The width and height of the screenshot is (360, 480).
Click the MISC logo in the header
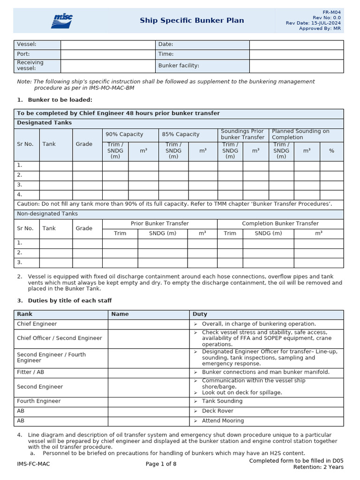pyautogui.click(x=62, y=21)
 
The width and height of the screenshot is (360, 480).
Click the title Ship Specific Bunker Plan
pyautogui.click(x=192, y=21)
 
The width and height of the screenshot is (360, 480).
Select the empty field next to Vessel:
pyautogui.click(x=107, y=45)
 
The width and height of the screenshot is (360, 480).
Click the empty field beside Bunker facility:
pyautogui.click(x=296, y=66)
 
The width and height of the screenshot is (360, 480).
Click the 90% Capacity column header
pyautogui.click(x=124, y=135)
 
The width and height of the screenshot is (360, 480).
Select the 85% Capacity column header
pyautogui.click(x=180, y=135)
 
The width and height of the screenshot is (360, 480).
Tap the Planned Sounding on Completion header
pyautogui.click(x=300, y=135)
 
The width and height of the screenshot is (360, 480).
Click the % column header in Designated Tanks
pyautogui.click(x=331, y=151)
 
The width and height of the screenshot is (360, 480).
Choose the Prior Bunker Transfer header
pyautogui.click(x=159, y=224)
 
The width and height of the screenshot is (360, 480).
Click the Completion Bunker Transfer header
pyautogui.click(x=280, y=224)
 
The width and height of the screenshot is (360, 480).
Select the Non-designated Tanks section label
pyautogui.click(x=47, y=214)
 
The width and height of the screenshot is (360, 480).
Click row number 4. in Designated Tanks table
pyautogui.click(x=20, y=195)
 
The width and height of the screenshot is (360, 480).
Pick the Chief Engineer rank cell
pyautogui.click(x=37, y=324)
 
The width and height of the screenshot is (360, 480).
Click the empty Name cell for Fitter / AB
pyautogui.click(x=149, y=372)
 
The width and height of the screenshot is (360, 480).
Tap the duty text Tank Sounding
pyautogui.click(x=222, y=401)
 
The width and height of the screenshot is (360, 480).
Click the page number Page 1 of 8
pyautogui.click(x=161, y=464)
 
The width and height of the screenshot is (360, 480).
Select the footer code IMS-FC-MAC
pyautogui.click(x=33, y=464)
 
